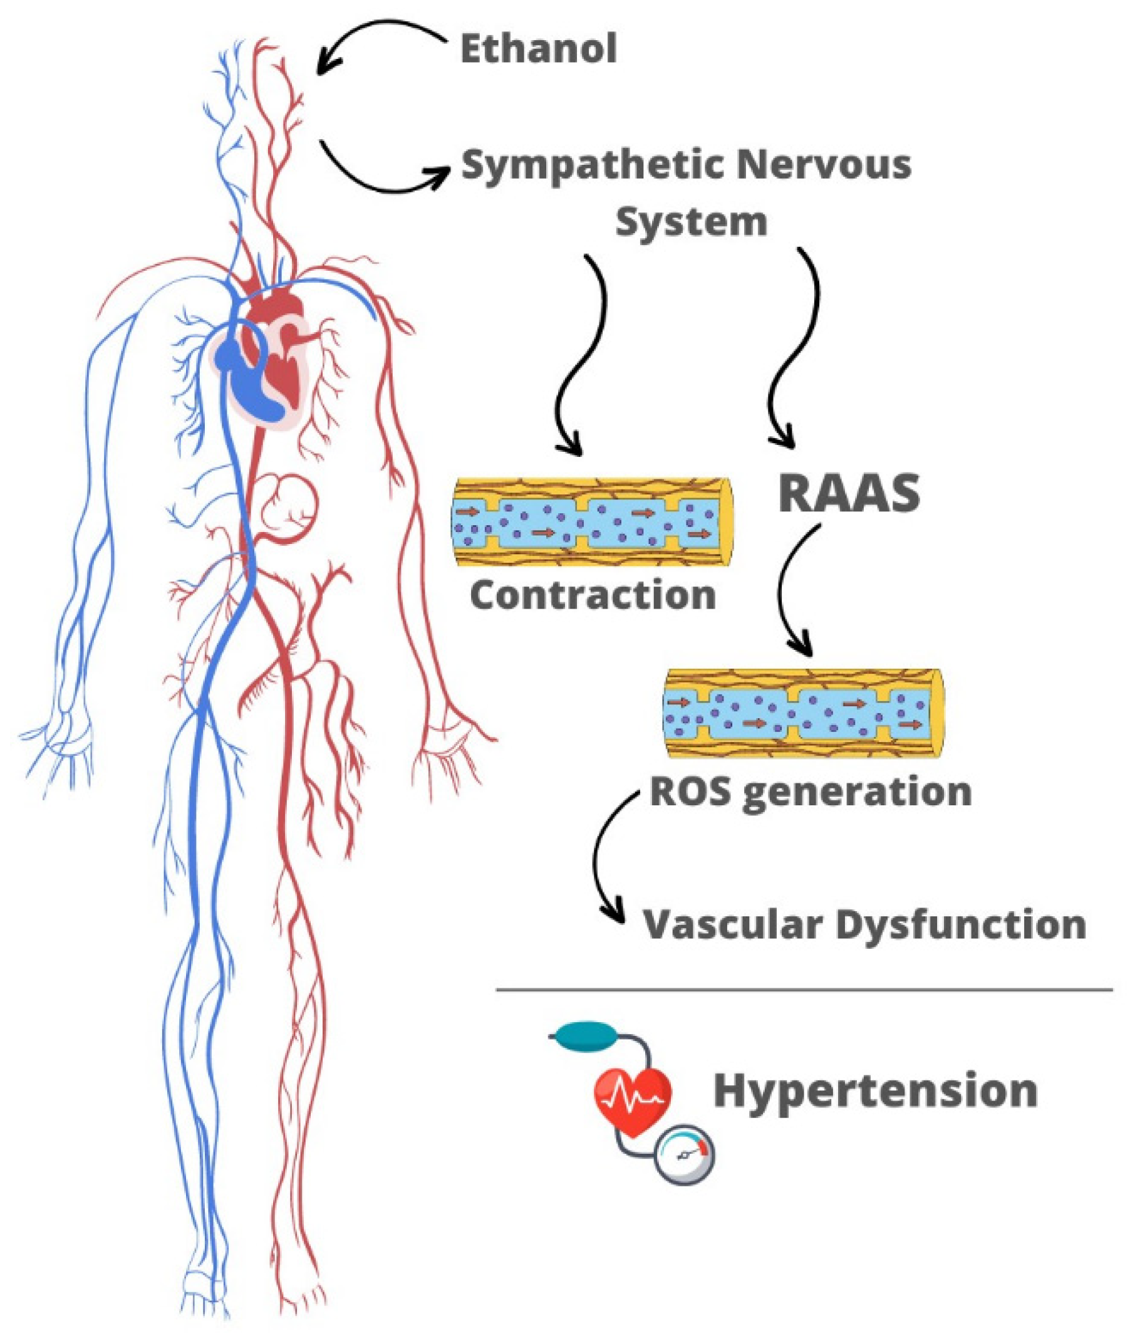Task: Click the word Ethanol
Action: coord(538,50)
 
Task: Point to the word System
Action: coord(691,222)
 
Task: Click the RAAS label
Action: coord(849,494)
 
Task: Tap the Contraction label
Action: coord(593,595)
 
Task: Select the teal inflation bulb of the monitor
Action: coord(585,1036)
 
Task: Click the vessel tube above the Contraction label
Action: coord(593,522)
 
